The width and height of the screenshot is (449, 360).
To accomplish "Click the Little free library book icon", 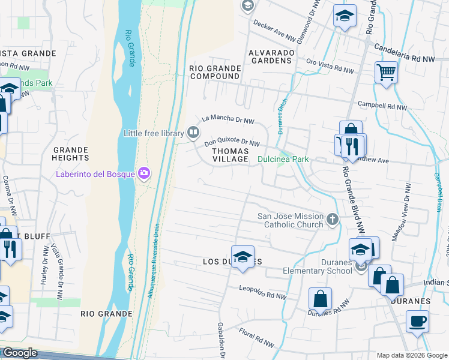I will [193, 132].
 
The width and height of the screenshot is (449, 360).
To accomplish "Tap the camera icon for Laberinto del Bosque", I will [144, 174].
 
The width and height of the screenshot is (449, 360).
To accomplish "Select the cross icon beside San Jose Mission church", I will [334, 220].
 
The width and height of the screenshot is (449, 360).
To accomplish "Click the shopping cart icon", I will [387, 73].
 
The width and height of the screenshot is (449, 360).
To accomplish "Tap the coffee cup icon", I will [418, 321].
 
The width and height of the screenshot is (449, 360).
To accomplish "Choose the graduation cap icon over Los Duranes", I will [243, 257].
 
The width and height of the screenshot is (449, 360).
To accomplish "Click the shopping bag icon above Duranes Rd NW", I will [321, 298].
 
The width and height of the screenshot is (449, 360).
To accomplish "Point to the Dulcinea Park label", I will [283, 160].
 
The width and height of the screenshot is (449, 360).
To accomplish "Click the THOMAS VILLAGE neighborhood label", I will [231, 155].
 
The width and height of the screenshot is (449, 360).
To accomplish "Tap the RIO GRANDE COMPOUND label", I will [215, 72].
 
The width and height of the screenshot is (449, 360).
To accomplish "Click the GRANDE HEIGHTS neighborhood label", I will [71, 154].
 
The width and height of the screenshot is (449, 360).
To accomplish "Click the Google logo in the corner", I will [19, 353].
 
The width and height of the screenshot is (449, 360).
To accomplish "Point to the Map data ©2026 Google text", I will [411, 355].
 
